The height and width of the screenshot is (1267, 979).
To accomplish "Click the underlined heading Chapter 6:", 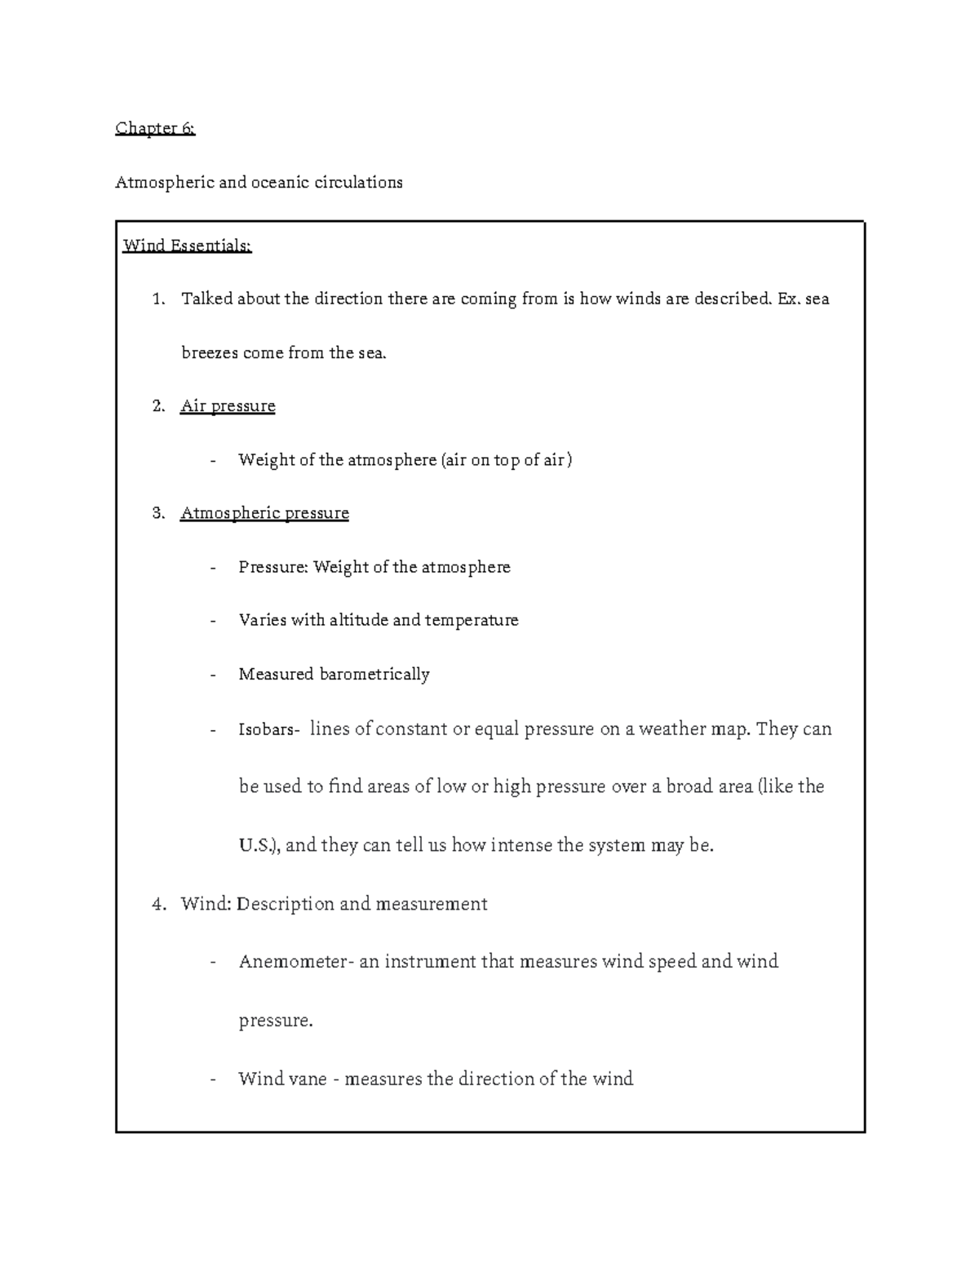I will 155,128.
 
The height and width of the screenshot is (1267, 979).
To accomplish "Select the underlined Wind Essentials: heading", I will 187,246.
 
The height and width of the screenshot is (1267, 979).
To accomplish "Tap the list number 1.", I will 158,299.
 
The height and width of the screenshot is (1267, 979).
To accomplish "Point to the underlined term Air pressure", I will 228,406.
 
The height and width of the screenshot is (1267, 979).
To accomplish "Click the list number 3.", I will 158,513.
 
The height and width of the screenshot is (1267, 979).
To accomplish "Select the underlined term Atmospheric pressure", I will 264,513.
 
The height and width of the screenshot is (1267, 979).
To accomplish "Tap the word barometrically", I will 374,674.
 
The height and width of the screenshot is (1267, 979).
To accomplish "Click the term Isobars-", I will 269,729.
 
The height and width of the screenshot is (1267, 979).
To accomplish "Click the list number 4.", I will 158,904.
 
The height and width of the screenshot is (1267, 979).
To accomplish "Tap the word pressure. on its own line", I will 275,1021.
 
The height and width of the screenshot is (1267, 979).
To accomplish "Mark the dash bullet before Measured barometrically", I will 213,675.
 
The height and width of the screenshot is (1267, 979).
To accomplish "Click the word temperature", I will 471,620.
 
